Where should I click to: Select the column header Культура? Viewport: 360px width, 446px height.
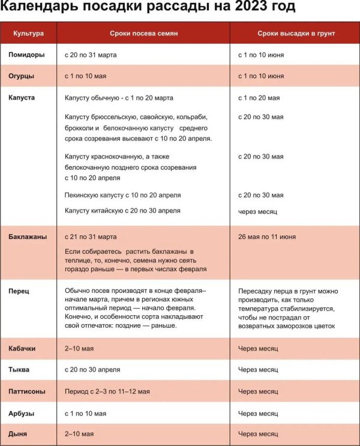[29, 34]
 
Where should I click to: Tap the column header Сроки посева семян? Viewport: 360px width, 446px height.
[144, 34]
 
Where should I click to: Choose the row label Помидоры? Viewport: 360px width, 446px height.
[26, 55]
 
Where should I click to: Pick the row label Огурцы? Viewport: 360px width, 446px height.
[22, 76]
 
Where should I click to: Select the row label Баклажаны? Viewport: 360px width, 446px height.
[28, 237]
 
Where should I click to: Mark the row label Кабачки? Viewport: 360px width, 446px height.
[23, 348]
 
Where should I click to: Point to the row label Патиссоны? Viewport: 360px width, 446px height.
[27, 391]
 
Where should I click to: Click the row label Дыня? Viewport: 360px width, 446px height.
[18, 433]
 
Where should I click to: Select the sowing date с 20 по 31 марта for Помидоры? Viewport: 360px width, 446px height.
[91, 55]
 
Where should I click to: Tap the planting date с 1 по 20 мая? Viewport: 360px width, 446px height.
[259, 97]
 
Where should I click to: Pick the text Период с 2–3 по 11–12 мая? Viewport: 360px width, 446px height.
[107, 391]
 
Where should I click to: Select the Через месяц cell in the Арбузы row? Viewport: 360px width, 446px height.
[258, 414]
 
